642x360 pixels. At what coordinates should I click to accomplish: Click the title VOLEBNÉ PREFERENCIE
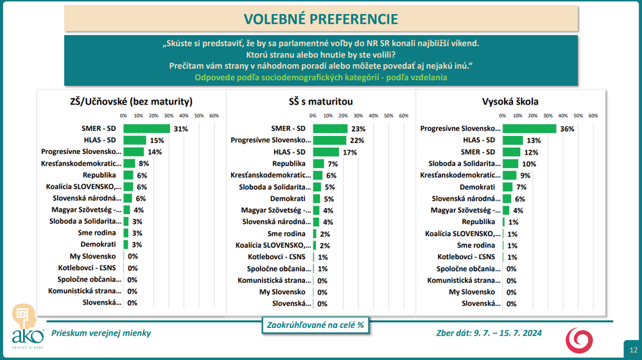pyautogui.click(x=320, y=19)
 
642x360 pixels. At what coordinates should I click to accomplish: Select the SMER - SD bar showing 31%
pyautogui.click(x=146, y=128)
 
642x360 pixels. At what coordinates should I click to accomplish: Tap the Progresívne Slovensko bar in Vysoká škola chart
pyautogui.click(x=530, y=128)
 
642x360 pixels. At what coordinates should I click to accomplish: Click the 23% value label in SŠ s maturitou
pyautogui.click(x=358, y=129)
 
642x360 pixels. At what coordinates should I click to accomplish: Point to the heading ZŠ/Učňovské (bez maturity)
pyautogui.click(x=131, y=101)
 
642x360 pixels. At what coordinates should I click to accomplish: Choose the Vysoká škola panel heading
pyautogui.click(x=510, y=101)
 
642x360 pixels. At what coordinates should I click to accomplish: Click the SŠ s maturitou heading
pyautogui.click(x=320, y=101)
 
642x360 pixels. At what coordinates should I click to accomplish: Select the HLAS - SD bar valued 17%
pyautogui.click(x=326, y=152)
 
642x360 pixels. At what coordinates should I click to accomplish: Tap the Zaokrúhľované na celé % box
pyautogui.click(x=315, y=325)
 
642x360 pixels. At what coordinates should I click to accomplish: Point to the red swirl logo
pyautogui.click(x=579, y=340)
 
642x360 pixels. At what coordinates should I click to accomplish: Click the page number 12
pyautogui.click(x=634, y=350)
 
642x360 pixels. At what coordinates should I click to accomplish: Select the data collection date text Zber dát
pyautogui.click(x=489, y=333)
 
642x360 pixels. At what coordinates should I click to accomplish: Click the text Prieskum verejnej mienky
pyautogui.click(x=101, y=333)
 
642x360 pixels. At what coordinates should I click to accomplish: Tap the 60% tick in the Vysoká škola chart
pyautogui.click(x=593, y=116)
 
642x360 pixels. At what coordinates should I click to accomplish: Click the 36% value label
pyautogui.click(x=567, y=129)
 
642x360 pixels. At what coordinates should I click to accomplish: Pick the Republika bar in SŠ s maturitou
pyautogui.click(x=318, y=164)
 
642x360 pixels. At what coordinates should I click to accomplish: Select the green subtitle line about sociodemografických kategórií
pyautogui.click(x=320, y=77)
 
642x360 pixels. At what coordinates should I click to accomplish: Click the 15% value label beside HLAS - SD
pyautogui.click(x=157, y=141)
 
